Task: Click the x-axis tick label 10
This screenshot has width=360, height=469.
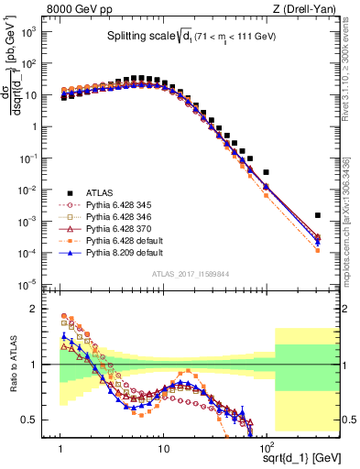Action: pyautogui.click(x=163, y=450)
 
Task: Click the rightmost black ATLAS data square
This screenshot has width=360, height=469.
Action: pyautogui.click(x=317, y=216)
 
